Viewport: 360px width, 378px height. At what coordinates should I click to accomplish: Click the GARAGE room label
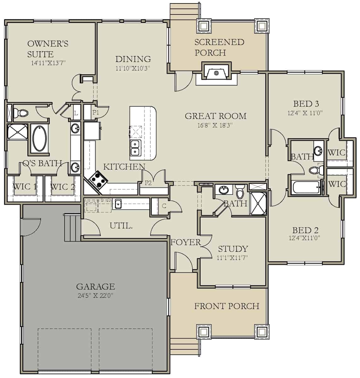click(x=95, y=286)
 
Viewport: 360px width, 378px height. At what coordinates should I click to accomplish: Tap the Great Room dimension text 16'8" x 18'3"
click(x=215, y=125)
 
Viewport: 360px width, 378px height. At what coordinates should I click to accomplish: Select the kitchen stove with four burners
click(x=98, y=180)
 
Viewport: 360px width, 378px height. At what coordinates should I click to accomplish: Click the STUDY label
click(x=233, y=249)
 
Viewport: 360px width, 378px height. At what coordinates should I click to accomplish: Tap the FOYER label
click(x=185, y=242)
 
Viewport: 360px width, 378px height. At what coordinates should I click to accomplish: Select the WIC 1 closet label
click(x=25, y=186)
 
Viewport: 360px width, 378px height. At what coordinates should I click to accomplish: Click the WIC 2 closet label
click(x=62, y=186)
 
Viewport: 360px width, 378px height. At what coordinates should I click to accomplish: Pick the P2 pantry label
click(x=148, y=183)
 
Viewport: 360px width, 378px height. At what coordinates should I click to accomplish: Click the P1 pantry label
click(x=96, y=112)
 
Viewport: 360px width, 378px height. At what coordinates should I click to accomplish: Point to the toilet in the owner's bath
click(x=22, y=112)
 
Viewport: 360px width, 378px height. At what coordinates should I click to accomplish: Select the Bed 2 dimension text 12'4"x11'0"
click(x=304, y=238)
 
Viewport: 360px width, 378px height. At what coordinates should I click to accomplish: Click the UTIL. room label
click(x=121, y=226)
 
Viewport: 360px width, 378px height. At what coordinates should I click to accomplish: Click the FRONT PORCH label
click(x=227, y=306)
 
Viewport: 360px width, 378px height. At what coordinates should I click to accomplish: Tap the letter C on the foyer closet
click(x=164, y=206)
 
